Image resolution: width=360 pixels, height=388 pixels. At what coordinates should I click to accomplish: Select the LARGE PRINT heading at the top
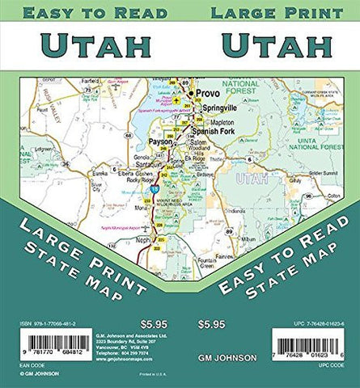[270, 12]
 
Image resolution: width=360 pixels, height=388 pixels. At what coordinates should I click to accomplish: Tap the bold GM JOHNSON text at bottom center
[223, 356]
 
